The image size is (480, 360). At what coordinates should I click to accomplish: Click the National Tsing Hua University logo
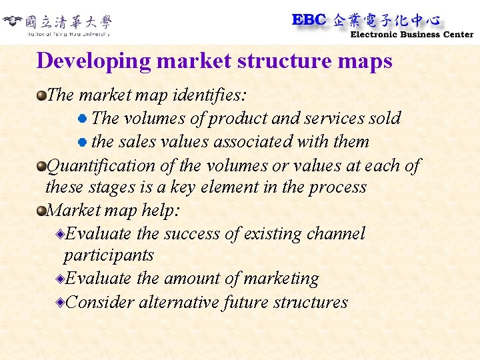point(58,24)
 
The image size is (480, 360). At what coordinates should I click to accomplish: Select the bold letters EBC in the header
point(309,20)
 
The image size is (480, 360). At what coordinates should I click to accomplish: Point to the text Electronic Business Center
point(411,35)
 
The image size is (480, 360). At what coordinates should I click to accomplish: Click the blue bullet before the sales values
point(82,142)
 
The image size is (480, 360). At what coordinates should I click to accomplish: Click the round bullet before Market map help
point(42,211)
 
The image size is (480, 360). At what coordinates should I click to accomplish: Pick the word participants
point(109,255)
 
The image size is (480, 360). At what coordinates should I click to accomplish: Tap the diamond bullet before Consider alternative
point(61,303)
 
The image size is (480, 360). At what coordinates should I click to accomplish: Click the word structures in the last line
point(312,302)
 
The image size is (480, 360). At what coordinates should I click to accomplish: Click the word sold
point(385,119)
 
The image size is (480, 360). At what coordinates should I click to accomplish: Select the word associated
point(255,141)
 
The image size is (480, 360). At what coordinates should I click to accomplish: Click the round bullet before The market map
point(42,95)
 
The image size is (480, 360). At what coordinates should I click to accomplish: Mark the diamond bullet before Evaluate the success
point(61,234)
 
